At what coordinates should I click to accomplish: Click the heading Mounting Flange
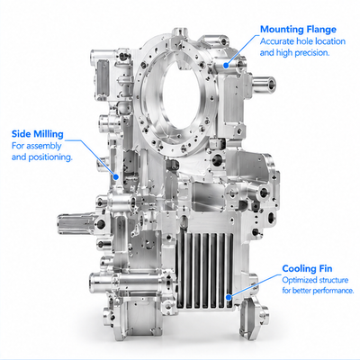tap(298, 30)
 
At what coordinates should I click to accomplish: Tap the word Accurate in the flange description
tap(277, 41)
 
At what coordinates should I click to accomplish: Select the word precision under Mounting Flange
tap(312, 53)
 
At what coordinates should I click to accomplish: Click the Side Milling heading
tap(38, 134)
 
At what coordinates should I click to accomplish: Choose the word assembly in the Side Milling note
tap(44, 147)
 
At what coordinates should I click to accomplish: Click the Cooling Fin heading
tap(307, 268)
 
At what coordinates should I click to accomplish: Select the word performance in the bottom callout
tap(335, 291)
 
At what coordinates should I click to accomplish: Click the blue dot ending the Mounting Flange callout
tap(226, 65)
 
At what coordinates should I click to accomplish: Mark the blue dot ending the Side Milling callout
tap(115, 177)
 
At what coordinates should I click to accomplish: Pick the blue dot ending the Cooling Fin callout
tap(229, 297)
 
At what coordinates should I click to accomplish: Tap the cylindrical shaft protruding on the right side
tap(265, 84)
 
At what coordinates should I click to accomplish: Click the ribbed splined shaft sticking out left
tap(76, 225)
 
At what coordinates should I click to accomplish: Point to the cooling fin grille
tap(205, 271)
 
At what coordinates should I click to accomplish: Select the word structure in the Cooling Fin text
tap(334, 280)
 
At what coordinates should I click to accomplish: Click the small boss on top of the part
tap(181, 32)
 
